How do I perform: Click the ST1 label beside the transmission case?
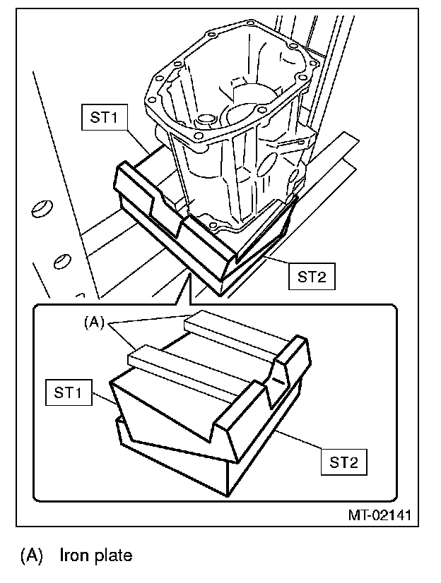coord(104,118)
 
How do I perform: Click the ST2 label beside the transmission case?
coord(312,277)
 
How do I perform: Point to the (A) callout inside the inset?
coord(94,323)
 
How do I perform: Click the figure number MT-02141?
coord(379,515)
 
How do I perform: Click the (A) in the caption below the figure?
coord(34,555)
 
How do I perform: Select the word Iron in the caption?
coord(73,555)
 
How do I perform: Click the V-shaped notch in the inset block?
coord(273,385)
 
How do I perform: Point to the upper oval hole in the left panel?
coord(42,208)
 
